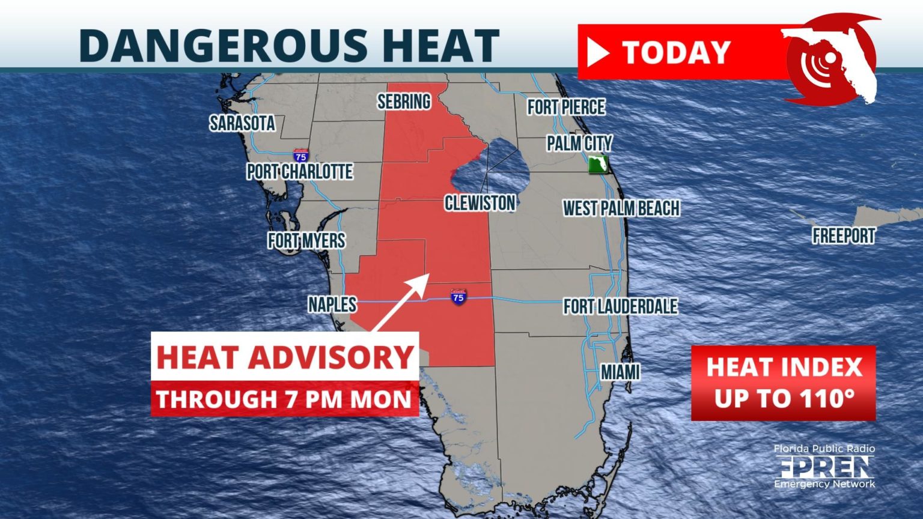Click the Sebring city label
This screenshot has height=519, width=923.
tap(404, 102)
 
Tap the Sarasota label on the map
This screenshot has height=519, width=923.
tap(242, 123)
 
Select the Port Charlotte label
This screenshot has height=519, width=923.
tap(300, 172)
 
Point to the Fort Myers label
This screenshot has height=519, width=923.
tap(306, 241)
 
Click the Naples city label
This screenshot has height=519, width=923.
tap(332, 305)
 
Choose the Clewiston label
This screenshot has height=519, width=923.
tap(480, 203)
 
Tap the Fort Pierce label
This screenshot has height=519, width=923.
tap(566, 107)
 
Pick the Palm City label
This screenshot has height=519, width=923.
tap(579, 143)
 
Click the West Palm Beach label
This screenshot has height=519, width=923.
tap(621, 208)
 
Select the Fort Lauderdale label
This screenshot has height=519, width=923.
tap(620, 306)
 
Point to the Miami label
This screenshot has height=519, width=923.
tap(620, 372)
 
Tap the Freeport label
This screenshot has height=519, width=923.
tap(844, 235)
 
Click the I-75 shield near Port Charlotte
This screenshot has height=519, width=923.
tap(301, 156)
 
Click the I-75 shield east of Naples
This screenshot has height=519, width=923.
tap(458, 296)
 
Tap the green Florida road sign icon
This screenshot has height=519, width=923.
tap(598, 165)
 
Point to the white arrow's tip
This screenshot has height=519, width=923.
tap(427, 276)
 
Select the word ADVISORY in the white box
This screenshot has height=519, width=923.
tap(331, 357)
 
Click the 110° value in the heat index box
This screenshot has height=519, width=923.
tap(827, 398)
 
